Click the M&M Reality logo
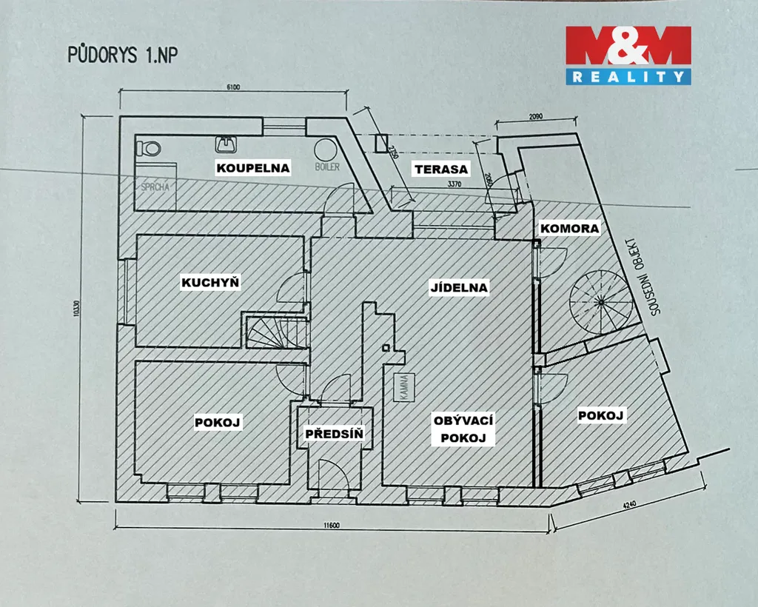628,55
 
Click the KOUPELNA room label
252,167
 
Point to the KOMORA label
568,229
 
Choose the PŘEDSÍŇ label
335,434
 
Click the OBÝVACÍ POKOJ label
463,429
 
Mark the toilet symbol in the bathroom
150,147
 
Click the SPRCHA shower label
155,187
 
